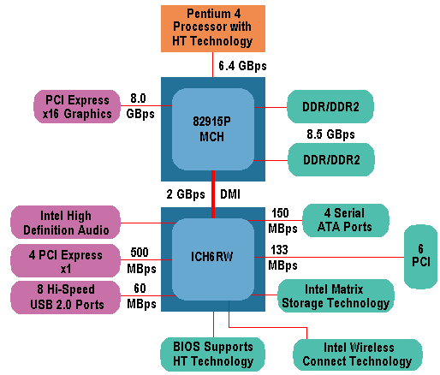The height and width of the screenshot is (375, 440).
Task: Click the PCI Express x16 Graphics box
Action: click(78, 106)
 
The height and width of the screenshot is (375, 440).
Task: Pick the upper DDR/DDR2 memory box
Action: click(330, 106)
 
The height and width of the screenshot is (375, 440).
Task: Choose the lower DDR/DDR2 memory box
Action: click(330, 159)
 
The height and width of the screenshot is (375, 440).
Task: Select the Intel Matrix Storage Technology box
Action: click(335, 295)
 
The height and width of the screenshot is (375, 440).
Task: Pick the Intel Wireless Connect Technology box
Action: click(357, 354)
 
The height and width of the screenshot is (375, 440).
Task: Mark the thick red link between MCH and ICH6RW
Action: click(213, 193)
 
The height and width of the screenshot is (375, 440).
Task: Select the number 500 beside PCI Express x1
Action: click(140, 253)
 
